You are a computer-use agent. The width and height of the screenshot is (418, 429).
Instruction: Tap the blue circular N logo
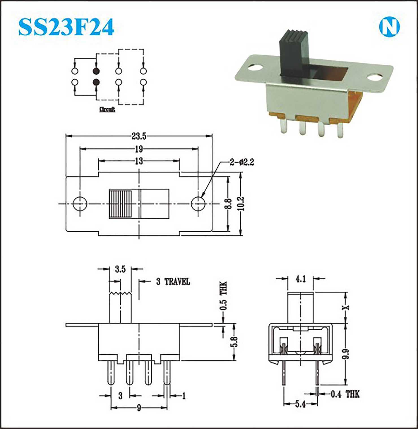389,27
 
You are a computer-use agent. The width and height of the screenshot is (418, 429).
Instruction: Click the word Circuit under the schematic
107,109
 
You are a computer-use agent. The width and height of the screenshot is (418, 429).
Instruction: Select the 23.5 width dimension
139,136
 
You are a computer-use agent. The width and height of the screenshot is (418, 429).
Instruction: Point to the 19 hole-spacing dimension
139,149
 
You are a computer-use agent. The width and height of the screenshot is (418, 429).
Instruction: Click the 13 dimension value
139,161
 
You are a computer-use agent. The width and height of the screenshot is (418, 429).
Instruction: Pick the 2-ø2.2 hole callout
242,162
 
